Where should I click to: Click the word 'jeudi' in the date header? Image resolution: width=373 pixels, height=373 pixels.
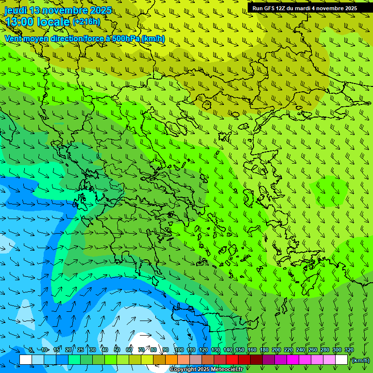click(x=16, y=10)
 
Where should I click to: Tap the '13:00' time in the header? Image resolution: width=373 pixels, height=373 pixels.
click(x=21, y=21)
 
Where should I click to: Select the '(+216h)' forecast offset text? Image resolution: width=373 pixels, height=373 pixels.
click(x=86, y=21)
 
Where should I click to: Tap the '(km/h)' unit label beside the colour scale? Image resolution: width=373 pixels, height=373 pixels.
click(x=360, y=360)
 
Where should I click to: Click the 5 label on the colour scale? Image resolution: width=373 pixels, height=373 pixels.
click(x=31, y=350)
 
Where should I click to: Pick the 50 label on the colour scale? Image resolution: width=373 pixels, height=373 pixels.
click(x=117, y=350)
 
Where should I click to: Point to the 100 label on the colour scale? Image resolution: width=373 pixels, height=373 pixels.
click(x=179, y=350)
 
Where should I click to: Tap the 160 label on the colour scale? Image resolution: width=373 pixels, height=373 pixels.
click(x=252, y=350)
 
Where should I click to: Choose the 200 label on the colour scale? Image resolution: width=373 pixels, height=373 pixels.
click(x=276, y=350)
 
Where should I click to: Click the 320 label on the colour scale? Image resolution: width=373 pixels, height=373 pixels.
click(x=349, y=350)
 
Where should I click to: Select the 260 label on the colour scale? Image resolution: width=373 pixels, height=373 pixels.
click(x=313, y=350)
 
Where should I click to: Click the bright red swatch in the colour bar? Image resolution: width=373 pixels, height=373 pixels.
click(x=232, y=360)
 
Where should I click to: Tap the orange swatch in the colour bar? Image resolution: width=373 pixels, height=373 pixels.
click(x=171, y=360)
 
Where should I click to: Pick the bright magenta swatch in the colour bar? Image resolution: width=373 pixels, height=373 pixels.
click(x=293, y=360)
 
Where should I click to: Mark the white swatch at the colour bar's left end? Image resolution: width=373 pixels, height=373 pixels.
click(x=26, y=360)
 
